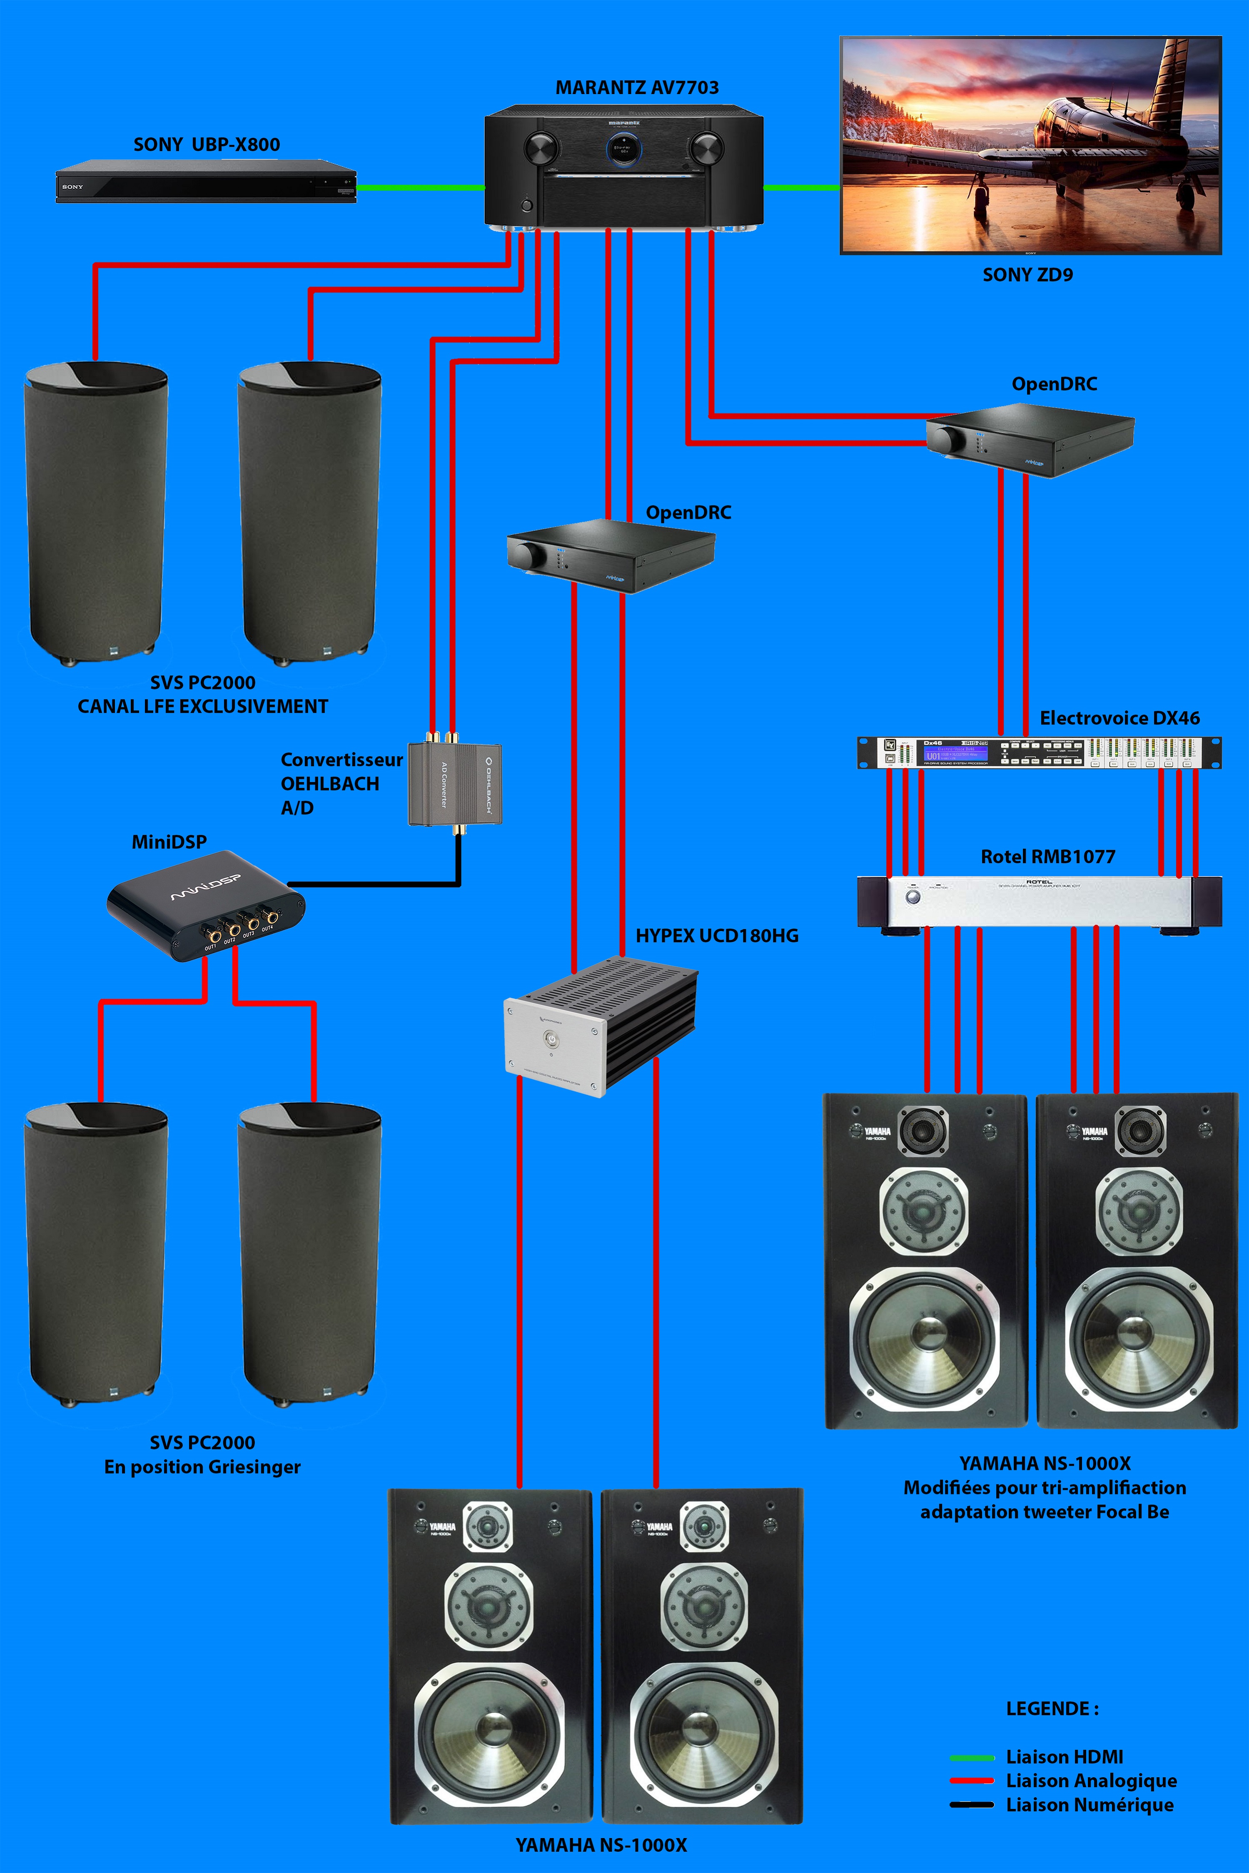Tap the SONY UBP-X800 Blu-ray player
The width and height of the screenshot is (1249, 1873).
pos(205,182)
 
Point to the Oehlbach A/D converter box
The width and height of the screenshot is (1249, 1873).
pos(454,785)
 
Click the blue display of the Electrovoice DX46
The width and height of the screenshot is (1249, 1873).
pos(954,752)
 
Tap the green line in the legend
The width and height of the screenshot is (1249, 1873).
pos(972,1757)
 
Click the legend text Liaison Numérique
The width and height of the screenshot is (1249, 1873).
pos(1089,1805)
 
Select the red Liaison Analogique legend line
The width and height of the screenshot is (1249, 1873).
pos(972,1781)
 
